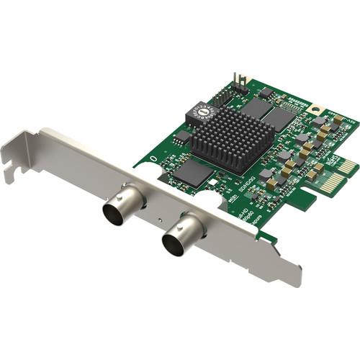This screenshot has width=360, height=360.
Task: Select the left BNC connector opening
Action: click(115, 213)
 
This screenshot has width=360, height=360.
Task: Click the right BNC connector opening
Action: click(175, 243)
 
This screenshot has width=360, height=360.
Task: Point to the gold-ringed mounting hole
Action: click(315, 109)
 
